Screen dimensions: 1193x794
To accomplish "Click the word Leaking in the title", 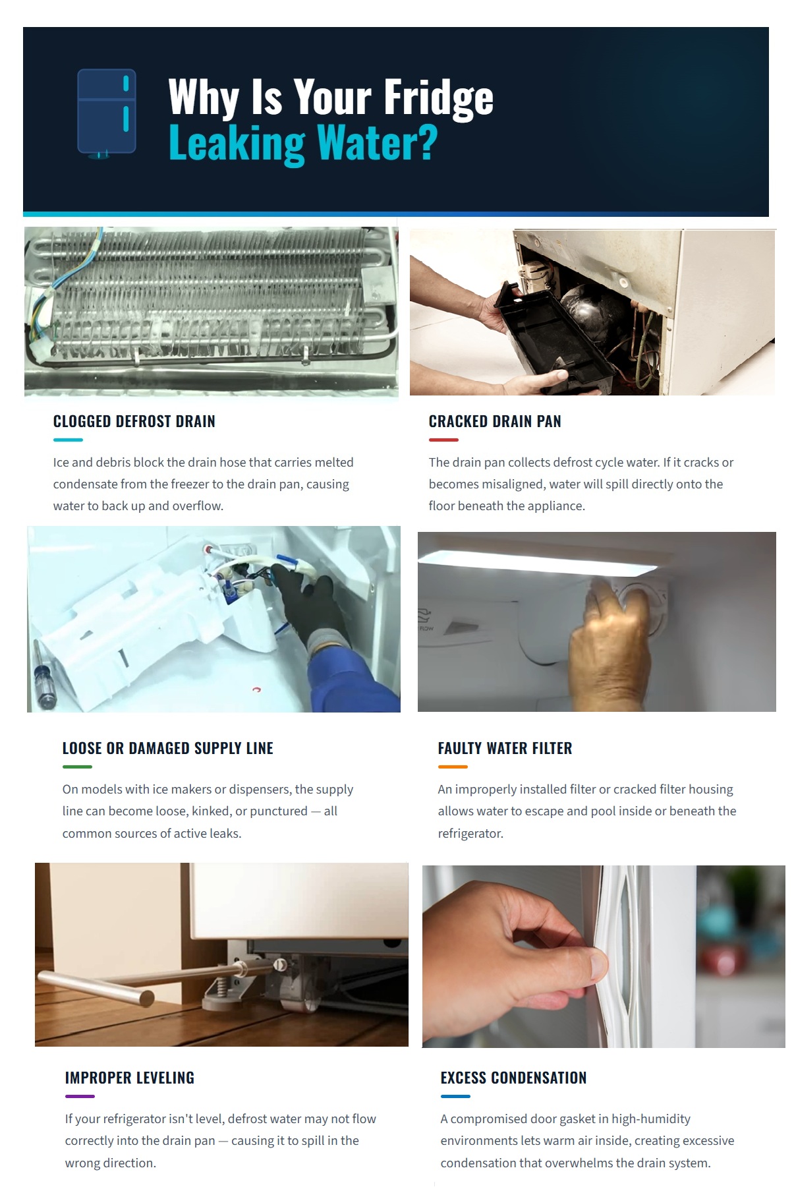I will pos(237,144).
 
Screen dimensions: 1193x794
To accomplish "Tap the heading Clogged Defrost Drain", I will pos(134,422).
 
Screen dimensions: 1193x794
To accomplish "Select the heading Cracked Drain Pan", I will pos(494,422).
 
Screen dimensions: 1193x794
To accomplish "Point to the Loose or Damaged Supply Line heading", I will pos(167,749).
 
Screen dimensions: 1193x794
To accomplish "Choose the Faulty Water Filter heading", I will pos(505,749).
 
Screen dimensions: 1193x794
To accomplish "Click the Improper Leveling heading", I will pos(130,1078).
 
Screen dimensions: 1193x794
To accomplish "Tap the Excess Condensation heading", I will pos(513,1078).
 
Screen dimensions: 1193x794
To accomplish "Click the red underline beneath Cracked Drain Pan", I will pos(443,440).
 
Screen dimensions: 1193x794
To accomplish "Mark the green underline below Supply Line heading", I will pos(77,767).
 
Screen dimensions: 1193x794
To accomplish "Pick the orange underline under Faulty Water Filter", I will pos(453,767).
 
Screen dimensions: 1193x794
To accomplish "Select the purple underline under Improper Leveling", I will pos(80,1096).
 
